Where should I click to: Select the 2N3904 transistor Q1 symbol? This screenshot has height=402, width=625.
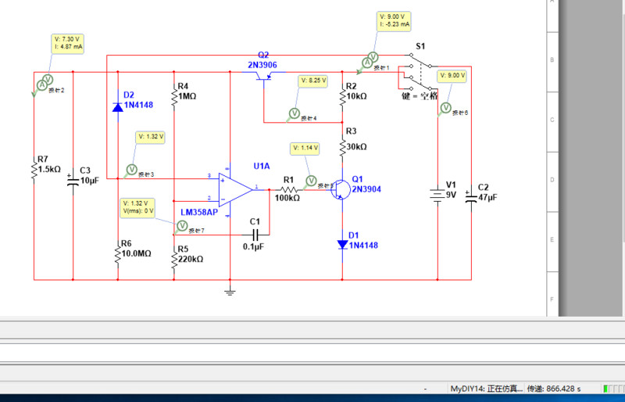(339, 189)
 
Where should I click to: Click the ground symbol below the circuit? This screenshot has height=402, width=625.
(230, 292)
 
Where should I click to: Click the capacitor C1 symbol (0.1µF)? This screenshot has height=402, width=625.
(255, 235)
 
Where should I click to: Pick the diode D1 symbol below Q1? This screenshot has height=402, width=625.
(342, 244)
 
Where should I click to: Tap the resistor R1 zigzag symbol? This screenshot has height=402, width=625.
(288, 189)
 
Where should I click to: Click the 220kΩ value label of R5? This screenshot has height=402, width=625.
(191, 259)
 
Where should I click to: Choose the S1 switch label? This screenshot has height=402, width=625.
(420, 46)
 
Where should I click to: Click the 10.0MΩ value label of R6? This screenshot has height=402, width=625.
(137, 253)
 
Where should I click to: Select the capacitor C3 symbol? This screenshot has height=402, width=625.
(73, 176)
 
